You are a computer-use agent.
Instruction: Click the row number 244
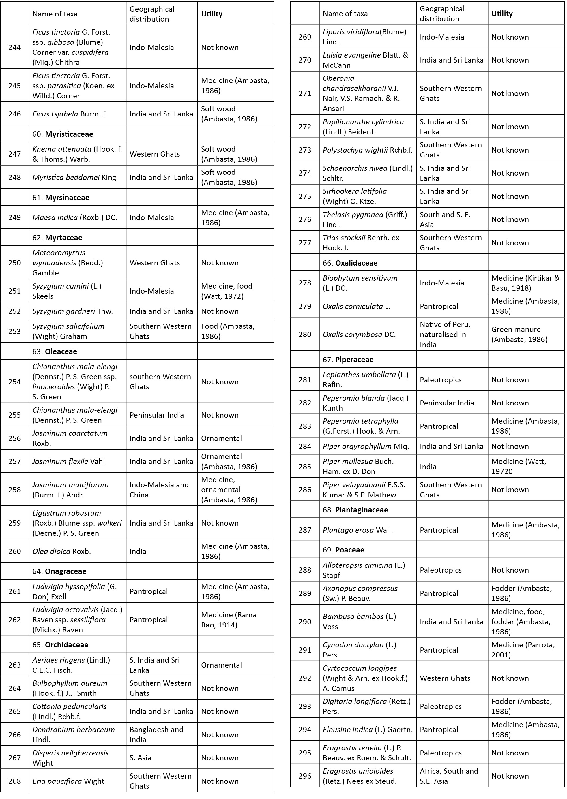click(14, 47)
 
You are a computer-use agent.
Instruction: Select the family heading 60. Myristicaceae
click(63, 134)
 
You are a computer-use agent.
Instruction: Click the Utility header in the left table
click(212, 14)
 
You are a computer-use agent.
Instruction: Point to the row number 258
click(14, 489)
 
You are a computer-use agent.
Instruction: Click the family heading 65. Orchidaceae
click(60, 644)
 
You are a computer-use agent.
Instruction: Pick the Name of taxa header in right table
click(345, 14)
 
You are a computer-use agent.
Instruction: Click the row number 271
click(305, 93)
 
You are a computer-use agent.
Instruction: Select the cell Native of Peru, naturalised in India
click(445, 334)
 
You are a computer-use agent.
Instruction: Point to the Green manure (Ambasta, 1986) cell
click(519, 334)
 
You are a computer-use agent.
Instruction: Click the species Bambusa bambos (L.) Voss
click(359, 621)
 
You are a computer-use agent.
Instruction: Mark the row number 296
click(305, 776)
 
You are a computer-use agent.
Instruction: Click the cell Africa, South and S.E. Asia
click(449, 776)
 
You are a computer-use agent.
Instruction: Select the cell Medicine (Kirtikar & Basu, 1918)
click(525, 283)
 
